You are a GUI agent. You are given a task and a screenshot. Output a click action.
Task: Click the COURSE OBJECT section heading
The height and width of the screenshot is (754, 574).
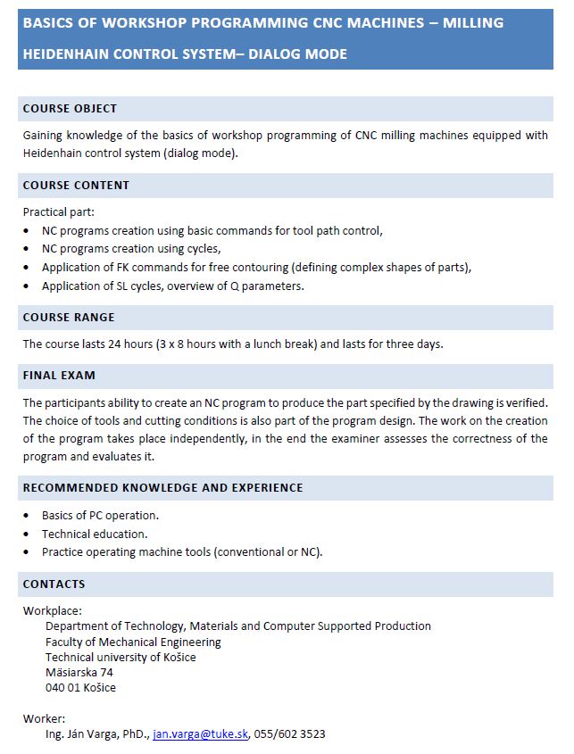[70, 109]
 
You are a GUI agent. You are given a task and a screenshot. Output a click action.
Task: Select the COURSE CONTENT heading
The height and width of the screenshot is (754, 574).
[76, 186]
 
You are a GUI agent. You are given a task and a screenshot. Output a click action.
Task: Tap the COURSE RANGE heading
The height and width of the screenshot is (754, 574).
[69, 318]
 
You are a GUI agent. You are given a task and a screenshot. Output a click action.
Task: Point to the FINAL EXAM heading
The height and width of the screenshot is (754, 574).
[59, 376]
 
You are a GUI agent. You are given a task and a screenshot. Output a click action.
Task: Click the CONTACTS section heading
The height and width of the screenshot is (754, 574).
[54, 584]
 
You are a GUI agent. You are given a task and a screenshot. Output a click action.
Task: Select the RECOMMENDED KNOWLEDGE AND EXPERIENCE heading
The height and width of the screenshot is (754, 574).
[162, 488]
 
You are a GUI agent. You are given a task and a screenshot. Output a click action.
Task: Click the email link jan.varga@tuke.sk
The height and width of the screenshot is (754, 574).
[200, 734]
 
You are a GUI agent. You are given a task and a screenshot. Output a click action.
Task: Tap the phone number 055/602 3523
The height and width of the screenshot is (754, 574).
[289, 734]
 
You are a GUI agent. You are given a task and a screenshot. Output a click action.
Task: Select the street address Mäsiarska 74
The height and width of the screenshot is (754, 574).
[79, 673]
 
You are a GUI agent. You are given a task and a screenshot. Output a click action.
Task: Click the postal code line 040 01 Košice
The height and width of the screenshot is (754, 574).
[80, 688]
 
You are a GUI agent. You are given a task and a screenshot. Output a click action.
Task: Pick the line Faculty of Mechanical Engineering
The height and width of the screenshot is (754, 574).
[133, 642]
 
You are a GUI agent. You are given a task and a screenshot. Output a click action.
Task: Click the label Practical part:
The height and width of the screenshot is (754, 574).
[58, 212]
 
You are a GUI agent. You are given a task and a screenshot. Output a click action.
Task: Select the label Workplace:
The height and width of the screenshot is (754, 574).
[52, 611]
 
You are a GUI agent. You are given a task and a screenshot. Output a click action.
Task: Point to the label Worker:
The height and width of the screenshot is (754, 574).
[44, 718]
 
